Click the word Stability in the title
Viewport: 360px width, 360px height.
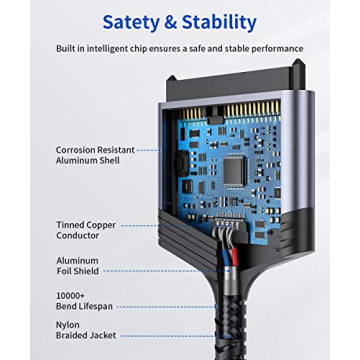point(218,22)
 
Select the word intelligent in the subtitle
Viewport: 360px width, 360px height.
point(126,47)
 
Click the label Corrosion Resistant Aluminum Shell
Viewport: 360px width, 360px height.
point(93,156)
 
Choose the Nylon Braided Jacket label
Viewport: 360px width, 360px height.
point(86,329)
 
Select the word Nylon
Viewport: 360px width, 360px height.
point(69,323)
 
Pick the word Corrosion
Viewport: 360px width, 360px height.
point(76,150)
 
